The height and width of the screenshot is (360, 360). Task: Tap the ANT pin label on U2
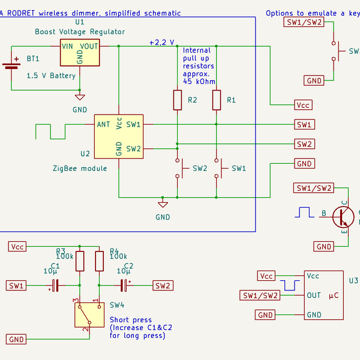pos(103,125)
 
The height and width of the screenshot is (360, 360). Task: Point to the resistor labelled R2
pos(177,100)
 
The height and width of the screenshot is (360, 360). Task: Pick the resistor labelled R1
pos(217,100)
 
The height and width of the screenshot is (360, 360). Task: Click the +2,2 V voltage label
pos(161,43)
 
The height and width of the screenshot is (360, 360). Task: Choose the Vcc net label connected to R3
pos(17,247)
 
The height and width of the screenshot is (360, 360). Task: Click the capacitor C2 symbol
pos(124,286)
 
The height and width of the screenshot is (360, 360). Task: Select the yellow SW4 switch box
pos(86,315)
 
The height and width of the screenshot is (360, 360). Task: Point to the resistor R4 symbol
pos(98,261)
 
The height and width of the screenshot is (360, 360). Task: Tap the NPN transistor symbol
pos(343,217)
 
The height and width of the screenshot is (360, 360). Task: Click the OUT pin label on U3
pos(313,295)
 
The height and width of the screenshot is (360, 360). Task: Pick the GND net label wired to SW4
pos(17,340)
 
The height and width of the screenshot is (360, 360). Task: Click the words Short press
pos(131,320)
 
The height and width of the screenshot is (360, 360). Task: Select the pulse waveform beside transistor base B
pos(304,212)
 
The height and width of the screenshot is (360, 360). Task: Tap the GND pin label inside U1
pos(80,57)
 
